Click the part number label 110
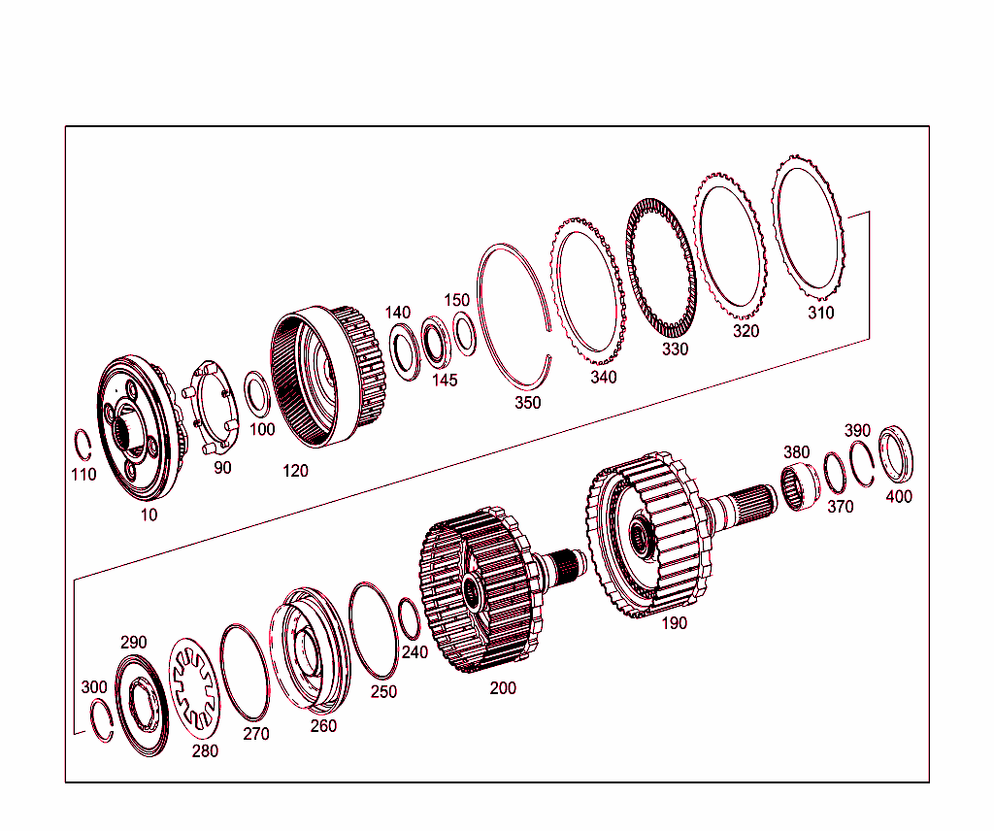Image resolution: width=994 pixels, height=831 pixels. [x=83, y=475]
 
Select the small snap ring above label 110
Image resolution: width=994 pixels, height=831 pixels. [x=84, y=446]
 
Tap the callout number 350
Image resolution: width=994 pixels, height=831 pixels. [x=528, y=403]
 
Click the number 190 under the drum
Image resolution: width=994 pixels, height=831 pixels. [x=674, y=623]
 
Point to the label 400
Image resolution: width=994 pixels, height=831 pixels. [x=899, y=497]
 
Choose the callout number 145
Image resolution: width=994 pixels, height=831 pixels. [x=445, y=380]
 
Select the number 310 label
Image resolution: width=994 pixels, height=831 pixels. [x=821, y=313]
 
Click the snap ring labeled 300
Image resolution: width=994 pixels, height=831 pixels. [x=101, y=723]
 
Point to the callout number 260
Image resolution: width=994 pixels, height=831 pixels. [x=323, y=725]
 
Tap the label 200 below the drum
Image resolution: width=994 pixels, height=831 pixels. [x=503, y=688]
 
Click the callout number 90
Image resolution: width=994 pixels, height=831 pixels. [x=222, y=468]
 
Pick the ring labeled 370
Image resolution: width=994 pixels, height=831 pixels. [x=834, y=473]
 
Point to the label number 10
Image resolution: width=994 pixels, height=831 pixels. [x=149, y=515]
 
